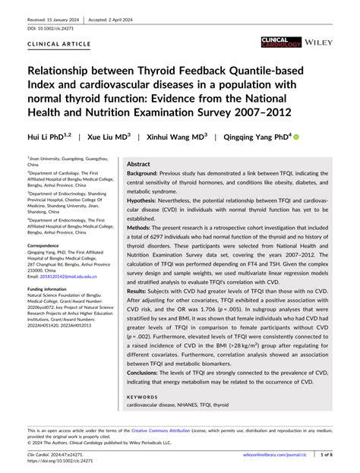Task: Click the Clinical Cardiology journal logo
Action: click(279, 43)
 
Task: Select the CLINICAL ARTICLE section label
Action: click(53, 46)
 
